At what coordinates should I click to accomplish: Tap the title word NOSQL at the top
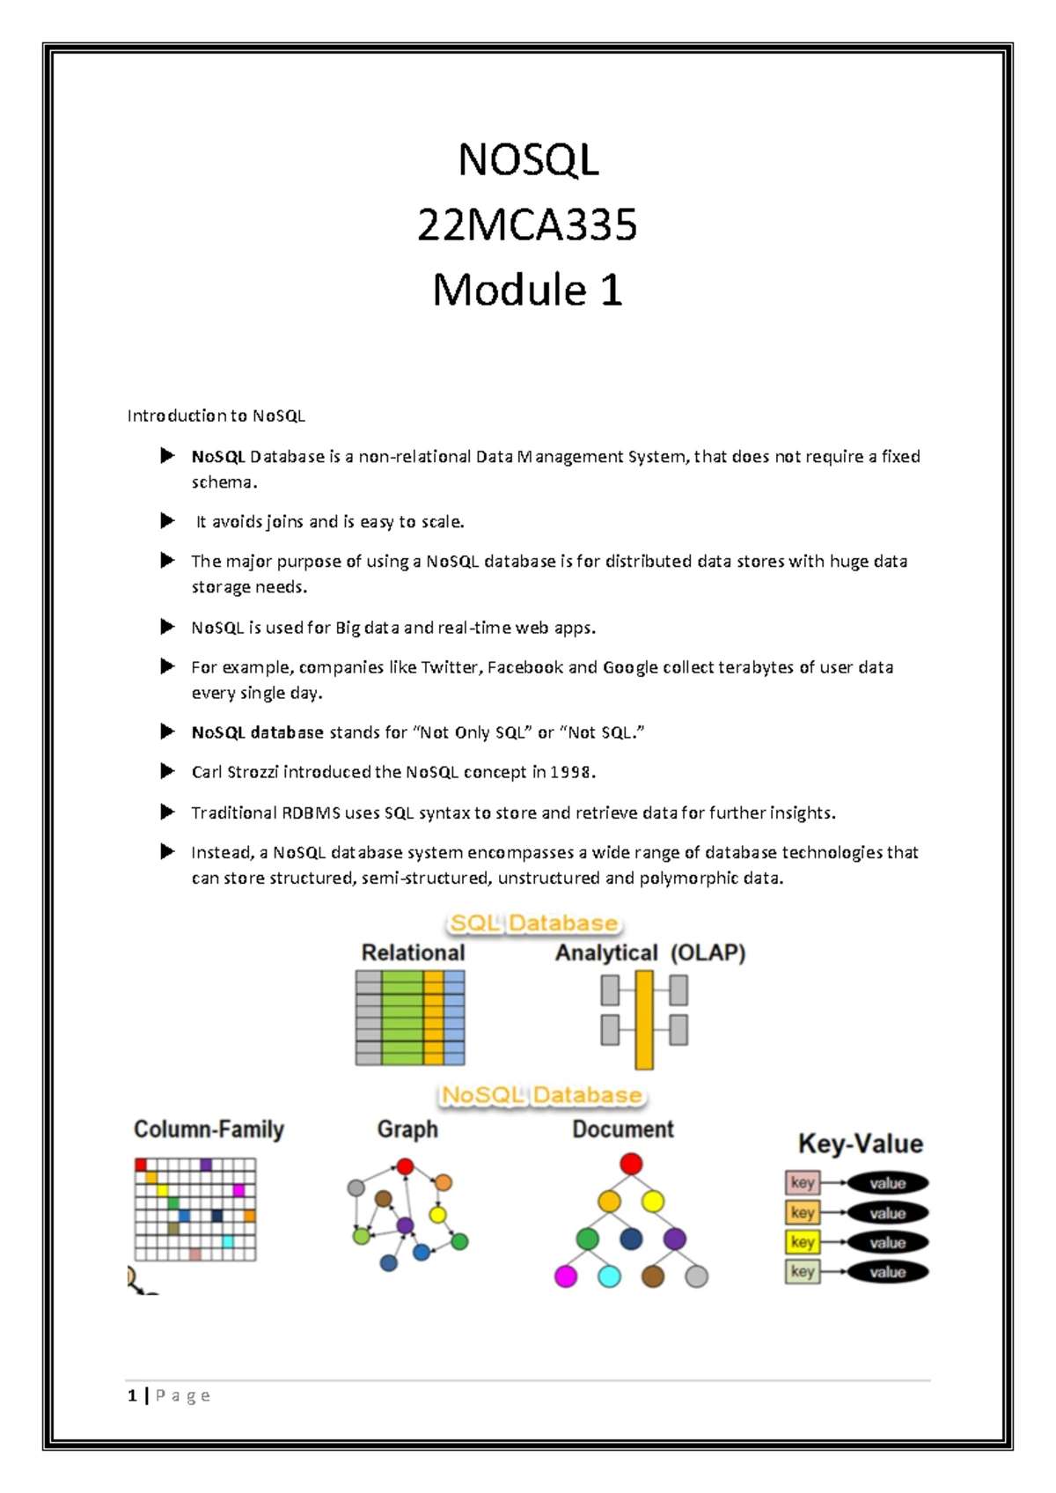528,160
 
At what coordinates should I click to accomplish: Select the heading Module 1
528,290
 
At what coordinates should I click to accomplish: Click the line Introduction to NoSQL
216,416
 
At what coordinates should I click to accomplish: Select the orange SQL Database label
533,923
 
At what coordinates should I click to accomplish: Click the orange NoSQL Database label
542,1095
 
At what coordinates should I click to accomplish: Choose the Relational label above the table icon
413,953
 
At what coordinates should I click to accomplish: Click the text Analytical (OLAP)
650,953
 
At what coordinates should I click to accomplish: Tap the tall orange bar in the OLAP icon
643,1020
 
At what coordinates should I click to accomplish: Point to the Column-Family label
209,1129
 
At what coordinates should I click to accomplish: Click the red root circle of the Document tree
631,1164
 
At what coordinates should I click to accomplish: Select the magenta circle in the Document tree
566,1276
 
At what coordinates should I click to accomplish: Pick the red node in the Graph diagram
405,1166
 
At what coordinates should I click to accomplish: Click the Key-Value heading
860,1143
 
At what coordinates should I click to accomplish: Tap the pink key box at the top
803,1182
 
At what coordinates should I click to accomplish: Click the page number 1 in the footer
132,1395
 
